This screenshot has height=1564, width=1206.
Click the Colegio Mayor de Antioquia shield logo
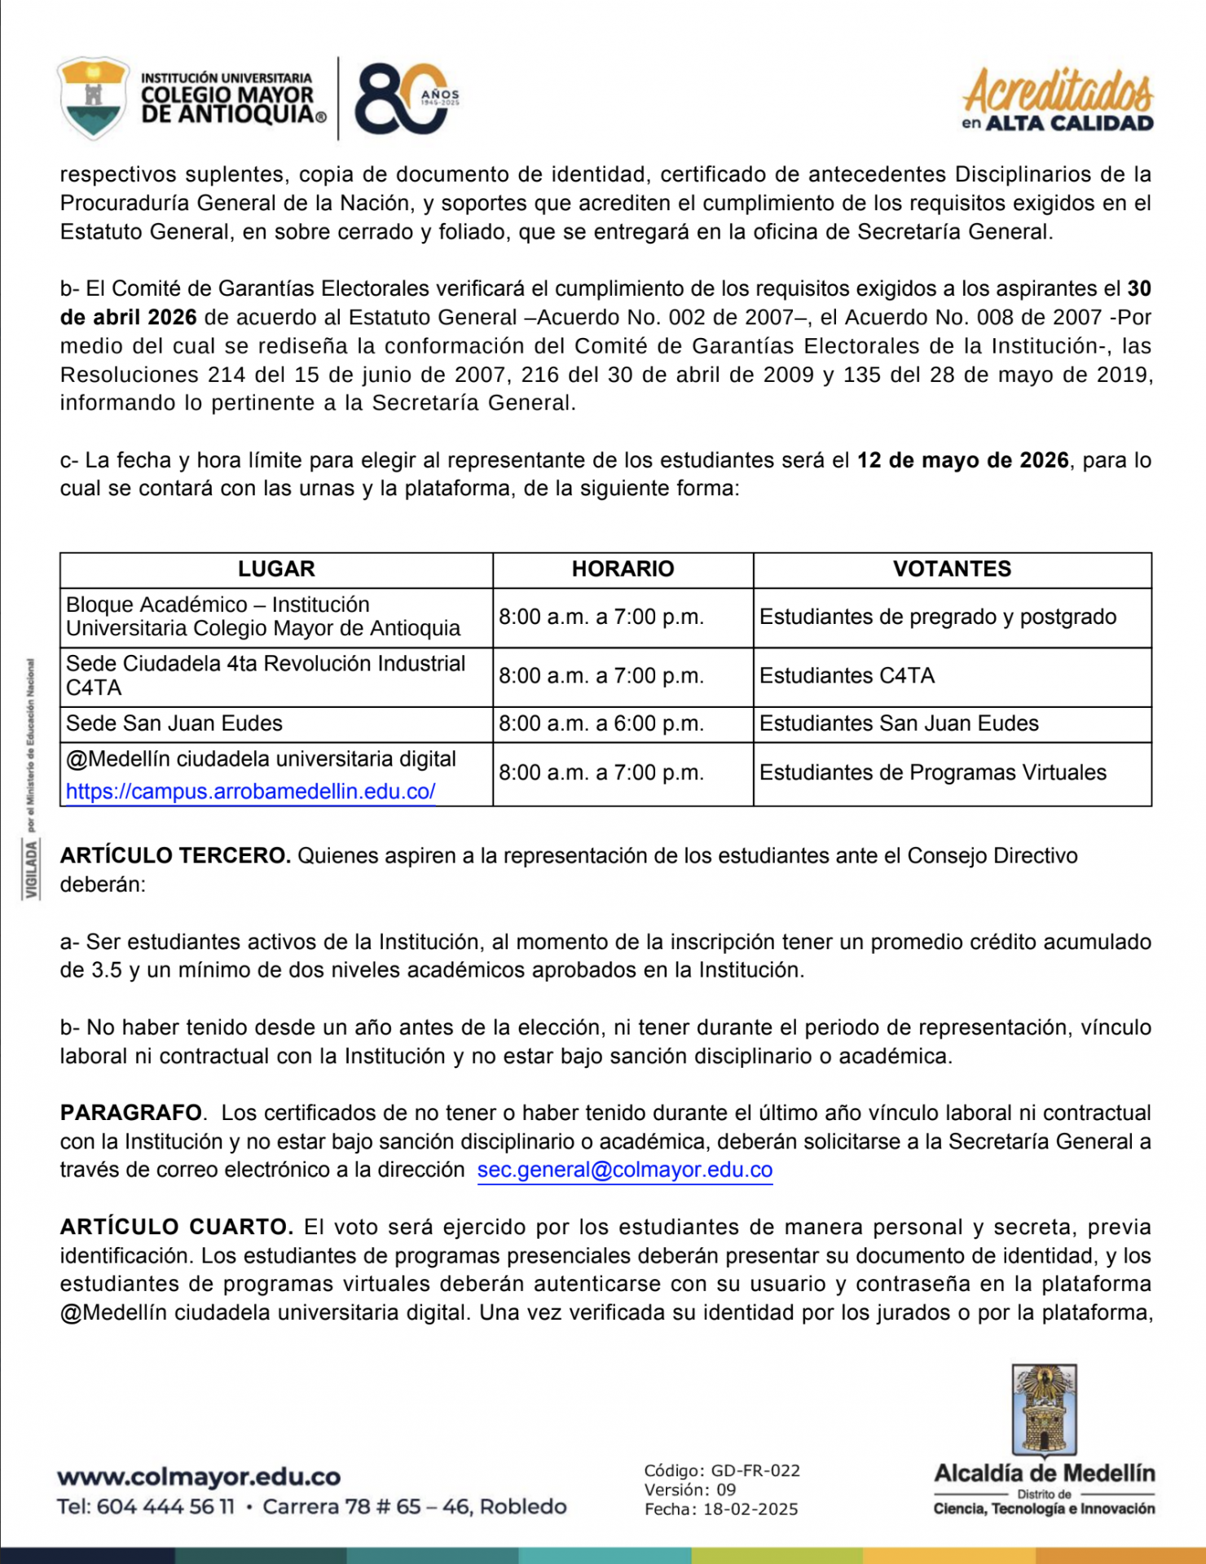pyautogui.click(x=93, y=98)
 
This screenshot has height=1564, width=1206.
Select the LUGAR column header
pyautogui.click(x=275, y=569)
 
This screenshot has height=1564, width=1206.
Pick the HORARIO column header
pyautogui.click(x=623, y=569)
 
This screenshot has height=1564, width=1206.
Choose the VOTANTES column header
pyautogui.click(x=952, y=569)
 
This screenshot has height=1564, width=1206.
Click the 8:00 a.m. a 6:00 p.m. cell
pyautogui.click(x=601, y=724)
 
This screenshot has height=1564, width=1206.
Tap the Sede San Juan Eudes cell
pyautogui.click(x=174, y=724)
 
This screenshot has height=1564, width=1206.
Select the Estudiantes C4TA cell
pyautogui.click(x=847, y=676)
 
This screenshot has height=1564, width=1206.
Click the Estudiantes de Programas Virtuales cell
pyautogui.click(x=932, y=773)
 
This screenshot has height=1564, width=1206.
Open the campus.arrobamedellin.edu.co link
pyautogui.click(x=250, y=792)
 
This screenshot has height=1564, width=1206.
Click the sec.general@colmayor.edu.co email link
pyautogui.click(x=624, y=1171)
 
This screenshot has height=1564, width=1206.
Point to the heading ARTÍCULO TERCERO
pyautogui.click(x=175, y=856)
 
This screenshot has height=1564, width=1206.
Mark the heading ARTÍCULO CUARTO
pyautogui.click(x=176, y=1228)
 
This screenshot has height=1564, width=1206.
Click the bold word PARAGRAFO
pyautogui.click(x=131, y=1114)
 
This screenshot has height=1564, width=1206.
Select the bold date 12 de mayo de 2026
pyautogui.click(x=962, y=461)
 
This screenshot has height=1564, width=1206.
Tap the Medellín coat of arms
pyautogui.click(x=1044, y=1411)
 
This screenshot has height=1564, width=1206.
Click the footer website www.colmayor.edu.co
pyautogui.click(x=199, y=1477)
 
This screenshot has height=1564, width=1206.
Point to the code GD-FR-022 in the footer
pyautogui.click(x=755, y=1471)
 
